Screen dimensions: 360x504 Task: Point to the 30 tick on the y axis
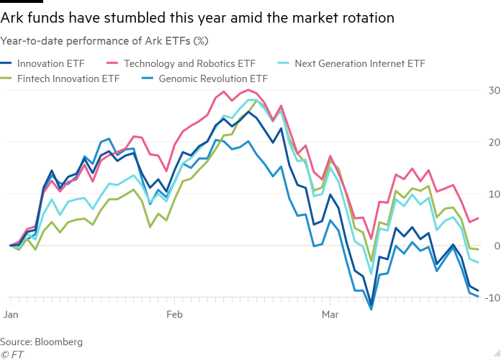[494, 91]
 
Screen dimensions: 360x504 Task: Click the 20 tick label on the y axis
[494, 143]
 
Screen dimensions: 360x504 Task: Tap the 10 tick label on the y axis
[494, 194]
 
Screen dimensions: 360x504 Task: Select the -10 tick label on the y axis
[492, 297]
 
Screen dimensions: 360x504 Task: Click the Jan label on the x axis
[10, 315]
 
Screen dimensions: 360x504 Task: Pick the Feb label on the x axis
[175, 315]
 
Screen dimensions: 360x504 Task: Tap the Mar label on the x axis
[330, 315]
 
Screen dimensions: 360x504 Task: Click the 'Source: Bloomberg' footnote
[41, 341]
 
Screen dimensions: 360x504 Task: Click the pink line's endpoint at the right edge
[478, 218]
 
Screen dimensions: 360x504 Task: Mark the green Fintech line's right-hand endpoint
[478, 249]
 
